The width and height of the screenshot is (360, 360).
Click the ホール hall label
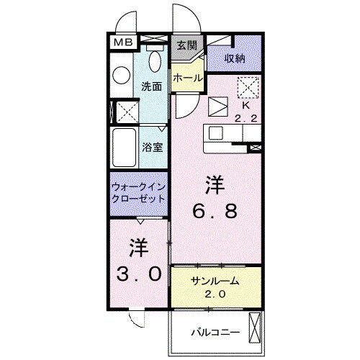pyautogui.click(x=187, y=77)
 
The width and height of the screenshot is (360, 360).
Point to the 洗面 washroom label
pyautogui.click(x=152, y=84)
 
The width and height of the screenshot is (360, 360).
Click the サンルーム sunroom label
pyautogui.click(x=214, y=281)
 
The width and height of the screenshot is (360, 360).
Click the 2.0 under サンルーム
pyautogui.click(x=214, y=294)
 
